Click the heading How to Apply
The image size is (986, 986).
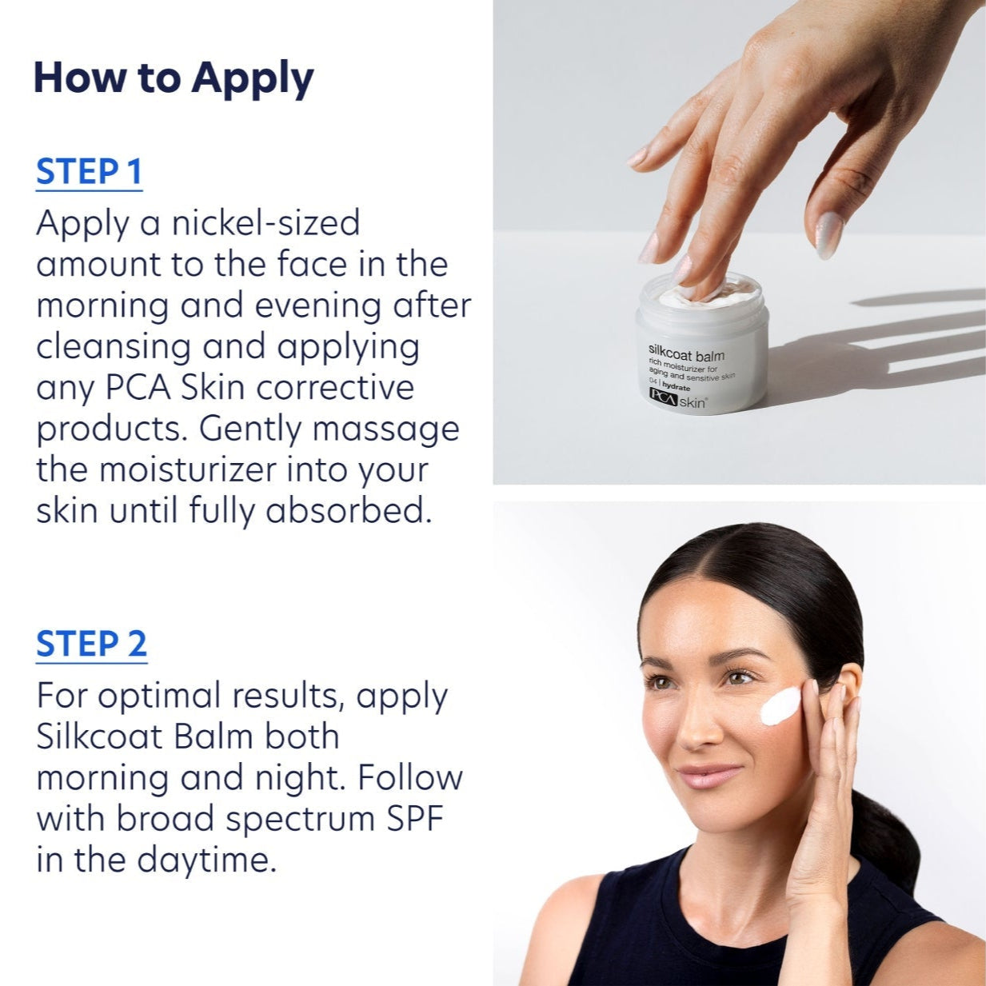173,78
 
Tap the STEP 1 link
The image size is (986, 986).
89,173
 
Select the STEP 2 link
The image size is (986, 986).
91,645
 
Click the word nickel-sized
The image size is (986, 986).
265,223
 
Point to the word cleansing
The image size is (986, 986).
112,347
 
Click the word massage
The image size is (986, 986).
385,429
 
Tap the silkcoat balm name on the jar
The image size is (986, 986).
686,355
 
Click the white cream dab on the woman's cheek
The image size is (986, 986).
780,705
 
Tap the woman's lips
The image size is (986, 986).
709,775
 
